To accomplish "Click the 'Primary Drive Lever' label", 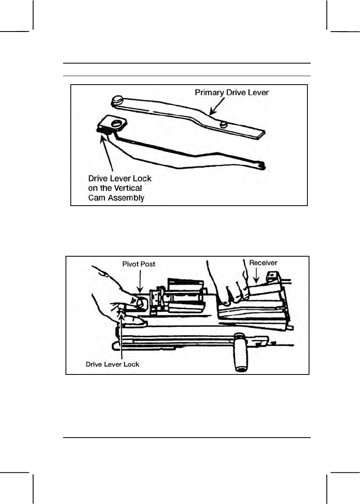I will pos(232,93).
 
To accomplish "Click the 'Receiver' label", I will pos(263,263).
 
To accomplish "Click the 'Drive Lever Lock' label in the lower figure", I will pos(112,364).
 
